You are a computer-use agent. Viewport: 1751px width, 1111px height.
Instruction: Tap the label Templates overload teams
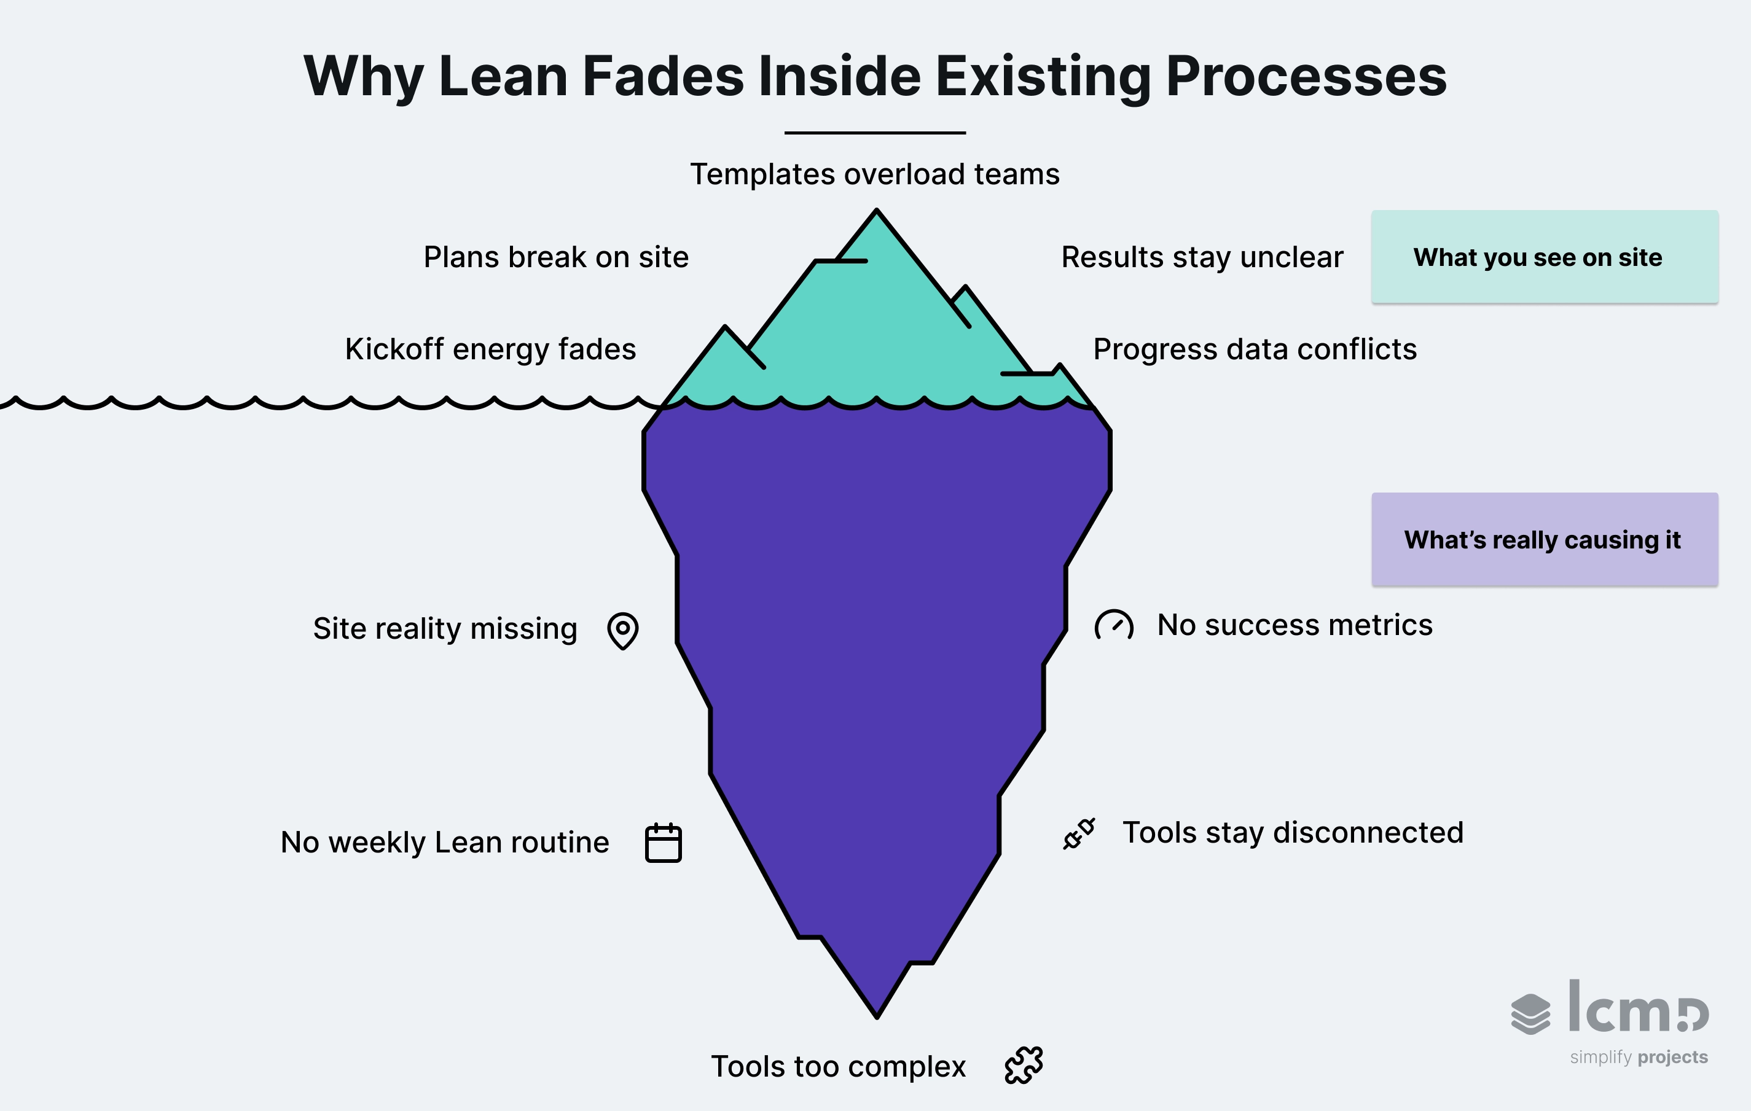coord(875,174)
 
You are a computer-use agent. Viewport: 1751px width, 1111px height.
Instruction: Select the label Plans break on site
coord(555,257)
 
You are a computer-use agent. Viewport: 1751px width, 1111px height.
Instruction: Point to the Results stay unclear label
coord(1202,257)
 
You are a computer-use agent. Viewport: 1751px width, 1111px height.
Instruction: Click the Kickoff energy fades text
coord(490,349)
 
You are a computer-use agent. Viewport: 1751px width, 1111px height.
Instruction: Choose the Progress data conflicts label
coord(1255,349)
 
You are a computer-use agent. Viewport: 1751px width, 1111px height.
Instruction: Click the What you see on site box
coord(1545,257)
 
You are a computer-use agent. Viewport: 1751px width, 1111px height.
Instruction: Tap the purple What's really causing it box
coord(1545,539)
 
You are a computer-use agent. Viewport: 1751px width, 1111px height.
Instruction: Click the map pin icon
coord(622,630)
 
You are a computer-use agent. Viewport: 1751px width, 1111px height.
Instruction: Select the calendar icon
coord(663,843)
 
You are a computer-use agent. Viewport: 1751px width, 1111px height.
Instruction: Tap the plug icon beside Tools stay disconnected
coord(1079,833)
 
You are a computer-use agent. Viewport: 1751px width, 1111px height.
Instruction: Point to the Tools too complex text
coord(837,1067)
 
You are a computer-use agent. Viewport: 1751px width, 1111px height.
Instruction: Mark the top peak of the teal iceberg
coord(877,213)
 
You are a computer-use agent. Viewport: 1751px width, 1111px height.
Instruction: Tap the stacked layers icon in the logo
coord(1530,1013)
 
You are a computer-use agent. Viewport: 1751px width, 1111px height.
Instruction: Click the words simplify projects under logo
coord(1639,1056)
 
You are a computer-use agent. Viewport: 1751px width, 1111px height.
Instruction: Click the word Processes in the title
coord(1306,76)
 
